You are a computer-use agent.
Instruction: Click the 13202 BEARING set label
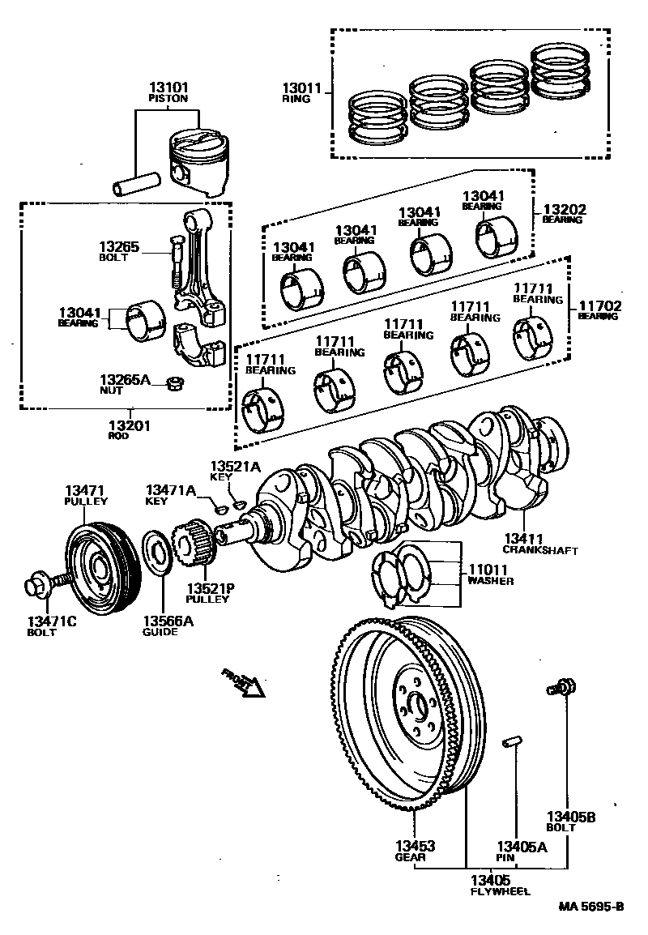point(564,213)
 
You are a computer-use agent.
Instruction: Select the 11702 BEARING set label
point(597,310)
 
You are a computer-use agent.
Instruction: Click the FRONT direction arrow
point(245,682)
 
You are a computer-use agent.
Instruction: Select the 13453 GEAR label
point(415,850)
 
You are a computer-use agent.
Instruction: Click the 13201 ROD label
point(130,429)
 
